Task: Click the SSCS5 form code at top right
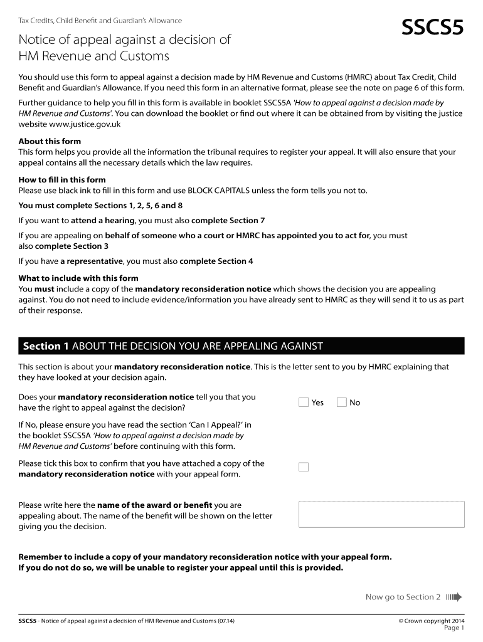[x=432, y=28]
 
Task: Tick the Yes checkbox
[x=304, y=403]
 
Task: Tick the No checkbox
[x=342, y=403]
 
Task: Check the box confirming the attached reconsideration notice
[x=304, y=467]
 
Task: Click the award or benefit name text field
[x=381, y=514]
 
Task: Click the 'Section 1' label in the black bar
[x=46, y=346]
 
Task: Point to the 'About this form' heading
[x=50, y=141]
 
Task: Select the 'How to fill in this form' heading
[x=62, y=180]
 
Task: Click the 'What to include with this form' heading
[x=78, y=278]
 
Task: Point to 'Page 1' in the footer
[x=454, y=628]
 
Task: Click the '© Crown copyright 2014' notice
[x=431, y=621]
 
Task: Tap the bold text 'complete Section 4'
[x=216, y=261]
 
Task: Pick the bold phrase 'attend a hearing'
[x=102, y=220]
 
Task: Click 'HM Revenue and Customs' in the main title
[x=94, y=56]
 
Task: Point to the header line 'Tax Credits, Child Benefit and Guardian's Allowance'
[x=100, y=21]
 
